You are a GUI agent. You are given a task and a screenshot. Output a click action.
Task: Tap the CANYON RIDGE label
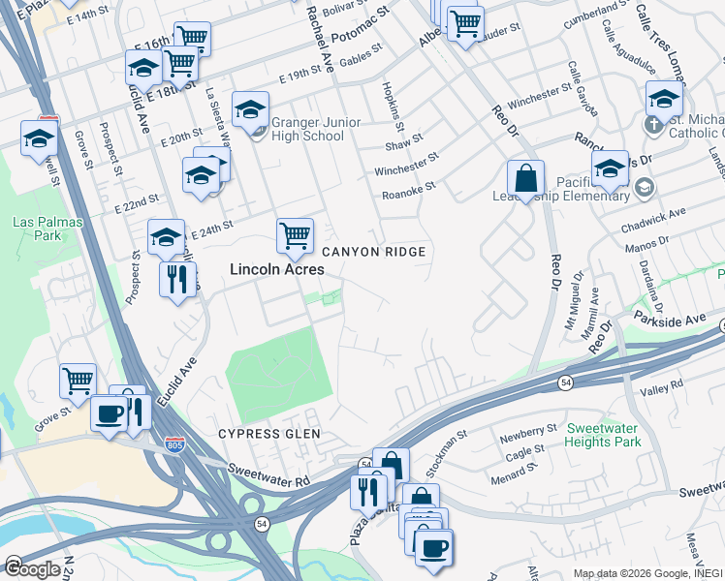pyautogui.click(x=373, y=252)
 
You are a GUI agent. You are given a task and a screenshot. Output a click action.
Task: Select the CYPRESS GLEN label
pyautogui.click(x=268, y=434)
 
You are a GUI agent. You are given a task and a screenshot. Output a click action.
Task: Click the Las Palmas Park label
pyautogui.click(x=47, y=229)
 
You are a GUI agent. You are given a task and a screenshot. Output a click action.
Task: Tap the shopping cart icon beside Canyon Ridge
pyautogui.click(x=295, y=234)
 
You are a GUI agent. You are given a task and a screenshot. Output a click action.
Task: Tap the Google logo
pyautogui.click(x=31, y=569)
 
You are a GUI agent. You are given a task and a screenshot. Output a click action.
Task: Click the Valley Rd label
pyautogui.click(x=663, y=385)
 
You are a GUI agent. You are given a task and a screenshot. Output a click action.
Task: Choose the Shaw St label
pyautogui.click(x=398, y=145)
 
